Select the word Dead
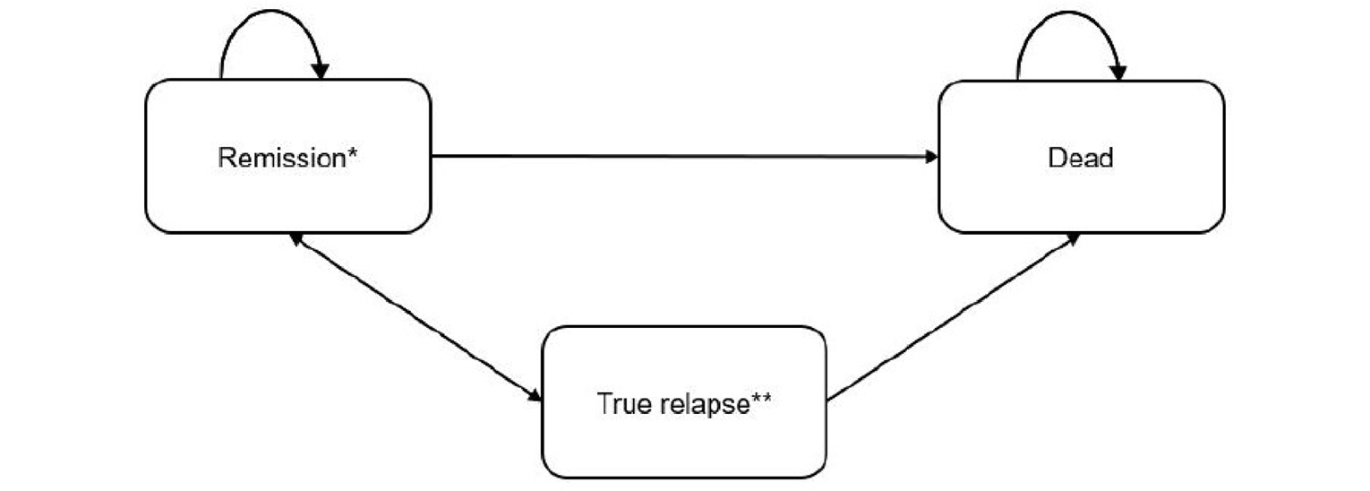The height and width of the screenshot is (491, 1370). pyautogui.click(x=1081, y=158)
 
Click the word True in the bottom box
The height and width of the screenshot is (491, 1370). pyautogui.click(x=618, y=403)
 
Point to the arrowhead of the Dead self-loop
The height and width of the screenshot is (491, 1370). pyautogui.click(x=1117, y=71)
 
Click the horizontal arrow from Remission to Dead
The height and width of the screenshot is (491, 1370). pyautogui.click(x=681, y=157)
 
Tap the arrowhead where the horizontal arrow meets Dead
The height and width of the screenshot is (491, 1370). pyautogui.click(x=932, y=157)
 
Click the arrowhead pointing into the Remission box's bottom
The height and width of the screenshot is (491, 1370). pyautogui.click(x=295, y=239)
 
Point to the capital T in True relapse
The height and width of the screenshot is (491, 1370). pyautogui.click(x=604, y=403)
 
